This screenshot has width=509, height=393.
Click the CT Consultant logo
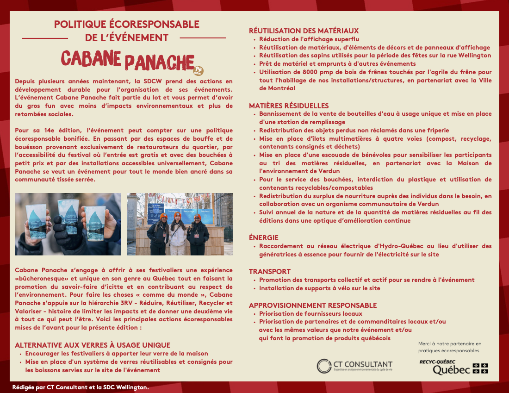(355, 366)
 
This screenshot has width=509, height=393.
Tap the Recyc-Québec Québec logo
(453, 366)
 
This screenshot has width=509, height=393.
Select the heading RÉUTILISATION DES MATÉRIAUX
(304, 31)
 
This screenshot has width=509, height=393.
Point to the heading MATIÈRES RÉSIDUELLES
(289, 106)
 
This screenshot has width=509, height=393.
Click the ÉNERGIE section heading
(264, 238)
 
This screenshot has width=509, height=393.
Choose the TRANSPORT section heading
(270, 272)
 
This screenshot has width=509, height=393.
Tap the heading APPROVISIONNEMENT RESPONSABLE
(313, 306)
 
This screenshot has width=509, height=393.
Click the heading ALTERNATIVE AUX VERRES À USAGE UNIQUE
(93, 345)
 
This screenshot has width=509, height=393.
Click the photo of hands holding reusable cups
(68, 224)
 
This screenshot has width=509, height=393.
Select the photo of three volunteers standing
(180, 224)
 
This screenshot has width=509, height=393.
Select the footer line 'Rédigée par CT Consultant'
(81, 387)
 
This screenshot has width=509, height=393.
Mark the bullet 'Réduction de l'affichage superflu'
(309, 39)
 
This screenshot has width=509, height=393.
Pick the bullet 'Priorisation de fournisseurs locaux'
(310, 314)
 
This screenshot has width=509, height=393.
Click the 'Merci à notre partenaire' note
(449, 347)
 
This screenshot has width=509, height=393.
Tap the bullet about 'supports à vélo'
(320, 288)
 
